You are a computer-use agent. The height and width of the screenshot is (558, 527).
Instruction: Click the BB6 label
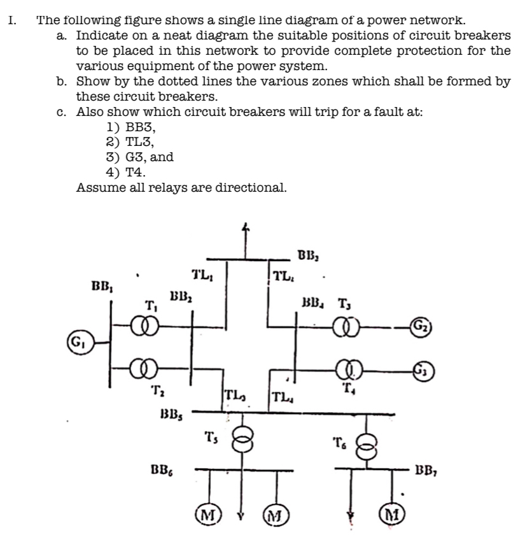(164, 470)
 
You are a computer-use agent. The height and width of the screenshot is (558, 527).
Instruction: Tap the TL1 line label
(203, 276)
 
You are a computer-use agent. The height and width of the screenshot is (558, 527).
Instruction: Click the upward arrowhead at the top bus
(242, 227)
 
